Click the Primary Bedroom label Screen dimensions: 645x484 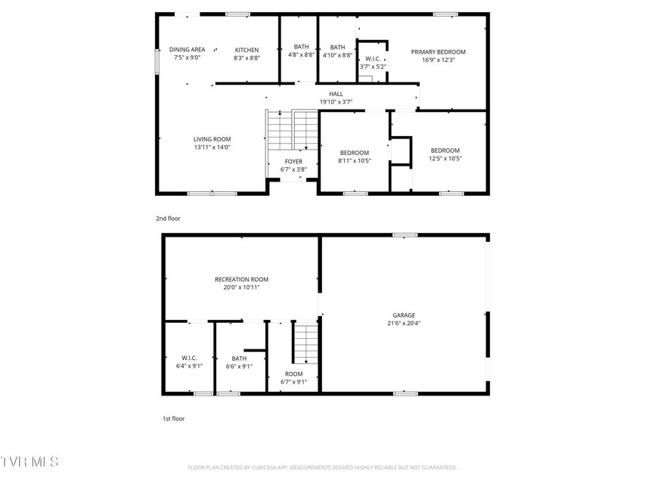(x=438, y=52)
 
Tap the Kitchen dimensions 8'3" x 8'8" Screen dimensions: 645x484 (x=247, y=58)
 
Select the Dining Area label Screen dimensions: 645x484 (x=188, y=49)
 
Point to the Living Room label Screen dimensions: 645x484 (x=212, y=139)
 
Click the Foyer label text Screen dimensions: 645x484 (x=293, y=162)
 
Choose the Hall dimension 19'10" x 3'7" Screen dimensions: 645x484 (x=336, y=101)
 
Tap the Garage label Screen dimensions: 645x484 (x=404, y=315)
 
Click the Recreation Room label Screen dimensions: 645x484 (x=241, y=280)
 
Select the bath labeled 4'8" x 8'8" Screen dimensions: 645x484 (x=301, y=51)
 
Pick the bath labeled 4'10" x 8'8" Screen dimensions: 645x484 (x=337, y=51)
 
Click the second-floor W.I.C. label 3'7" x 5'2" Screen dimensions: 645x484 (x=373, y=63)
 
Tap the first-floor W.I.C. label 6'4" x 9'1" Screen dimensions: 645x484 (x=189, y=361)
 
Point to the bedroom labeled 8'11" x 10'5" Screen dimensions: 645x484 (x=355, y=157)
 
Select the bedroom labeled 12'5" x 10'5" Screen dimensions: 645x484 (x=445, y=154)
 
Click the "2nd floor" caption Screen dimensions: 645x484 (x=168, y=219)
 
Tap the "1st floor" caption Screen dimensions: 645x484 (x=173, y=418)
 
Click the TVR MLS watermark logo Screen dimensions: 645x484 (x=29, y=462)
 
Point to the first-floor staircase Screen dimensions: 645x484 (x=305, y=342)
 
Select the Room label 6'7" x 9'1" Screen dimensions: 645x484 (x=293, y=378)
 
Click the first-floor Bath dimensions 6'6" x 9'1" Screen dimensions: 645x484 (x=239, y=366)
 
